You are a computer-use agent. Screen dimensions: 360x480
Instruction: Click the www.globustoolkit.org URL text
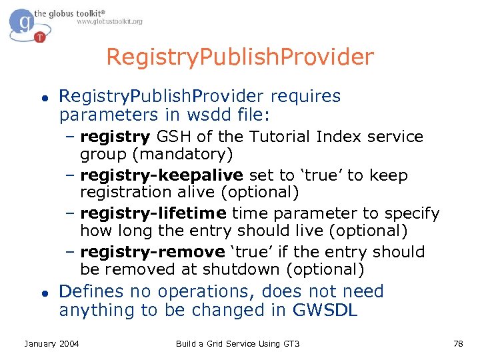(109, 22)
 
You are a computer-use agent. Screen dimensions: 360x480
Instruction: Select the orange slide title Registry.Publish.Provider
(240, 57)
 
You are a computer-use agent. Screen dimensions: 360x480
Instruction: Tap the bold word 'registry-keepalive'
(162, 175)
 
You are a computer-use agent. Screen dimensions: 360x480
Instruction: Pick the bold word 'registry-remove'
(153, 252)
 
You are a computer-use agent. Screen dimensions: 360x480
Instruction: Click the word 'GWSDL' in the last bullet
(325, 310)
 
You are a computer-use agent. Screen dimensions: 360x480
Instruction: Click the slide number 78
(458, 343)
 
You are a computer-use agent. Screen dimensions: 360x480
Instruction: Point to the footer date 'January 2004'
(51, 343)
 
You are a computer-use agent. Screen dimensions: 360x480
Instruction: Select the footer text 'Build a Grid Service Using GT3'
(238, 343)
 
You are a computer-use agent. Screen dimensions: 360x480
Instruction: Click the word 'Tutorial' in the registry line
(281, 137)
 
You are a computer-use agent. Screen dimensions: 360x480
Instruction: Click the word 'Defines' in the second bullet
(91, 291)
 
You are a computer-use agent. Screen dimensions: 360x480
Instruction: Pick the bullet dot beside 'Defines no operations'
(43, 293)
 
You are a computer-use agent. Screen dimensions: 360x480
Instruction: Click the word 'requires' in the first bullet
(303, 96)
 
